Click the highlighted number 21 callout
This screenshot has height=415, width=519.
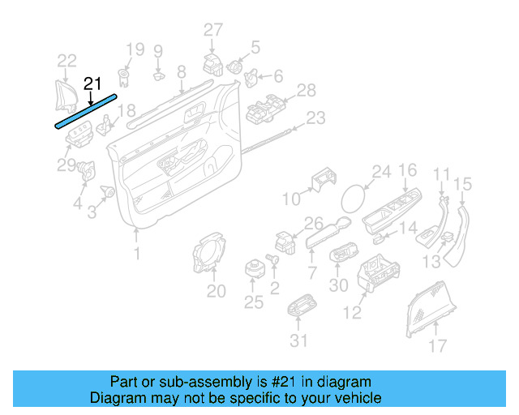coord(92,83)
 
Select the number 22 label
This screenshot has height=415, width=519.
coord(66,60)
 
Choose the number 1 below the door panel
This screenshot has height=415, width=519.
coord(136,254)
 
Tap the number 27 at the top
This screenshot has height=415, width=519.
coord(212,30)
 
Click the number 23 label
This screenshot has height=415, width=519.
coord(315,118)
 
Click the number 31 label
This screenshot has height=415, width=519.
coord(299,340)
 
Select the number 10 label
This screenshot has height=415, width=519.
coord(290,199)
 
